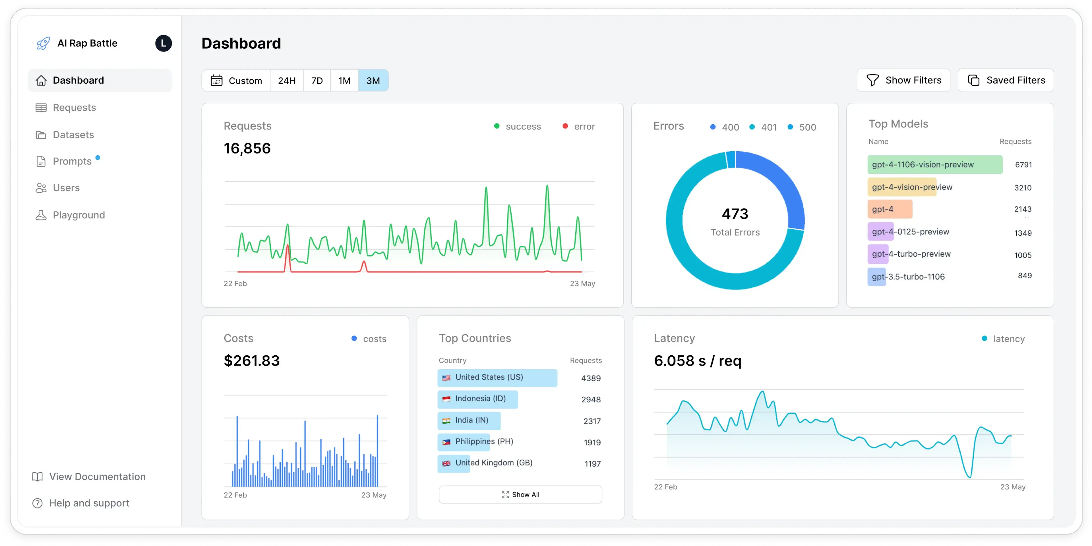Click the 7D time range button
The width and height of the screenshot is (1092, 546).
click(x=317, y=81)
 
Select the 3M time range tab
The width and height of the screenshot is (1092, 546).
click(x=373, y=81)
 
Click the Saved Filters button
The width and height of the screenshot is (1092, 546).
click(x=1006, y=80)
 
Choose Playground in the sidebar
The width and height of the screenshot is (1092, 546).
click(x=78, y=215)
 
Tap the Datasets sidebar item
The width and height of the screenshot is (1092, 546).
click(x=73, y=135)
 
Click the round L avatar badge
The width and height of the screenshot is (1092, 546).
click(x=163, y=43)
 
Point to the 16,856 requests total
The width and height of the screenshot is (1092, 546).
click(x=247, y=149)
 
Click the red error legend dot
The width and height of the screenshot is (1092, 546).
click(x=565, y=126)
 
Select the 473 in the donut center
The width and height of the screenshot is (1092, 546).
click(x=735, y=214)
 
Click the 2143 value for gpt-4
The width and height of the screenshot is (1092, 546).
click(x=1023, y=209)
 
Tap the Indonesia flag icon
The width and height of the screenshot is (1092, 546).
click(x=446, y=399)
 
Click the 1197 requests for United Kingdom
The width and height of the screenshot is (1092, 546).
click(x=592, y=464)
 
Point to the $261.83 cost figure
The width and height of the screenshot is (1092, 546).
click(x=251, y=360)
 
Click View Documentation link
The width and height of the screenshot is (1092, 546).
click(x=97, y=476)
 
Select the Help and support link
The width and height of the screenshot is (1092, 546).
click(x=89, y=503)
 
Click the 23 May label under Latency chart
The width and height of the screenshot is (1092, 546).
click(x=1012, y=487)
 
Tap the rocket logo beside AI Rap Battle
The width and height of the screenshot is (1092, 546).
click(x=43, y=43)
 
